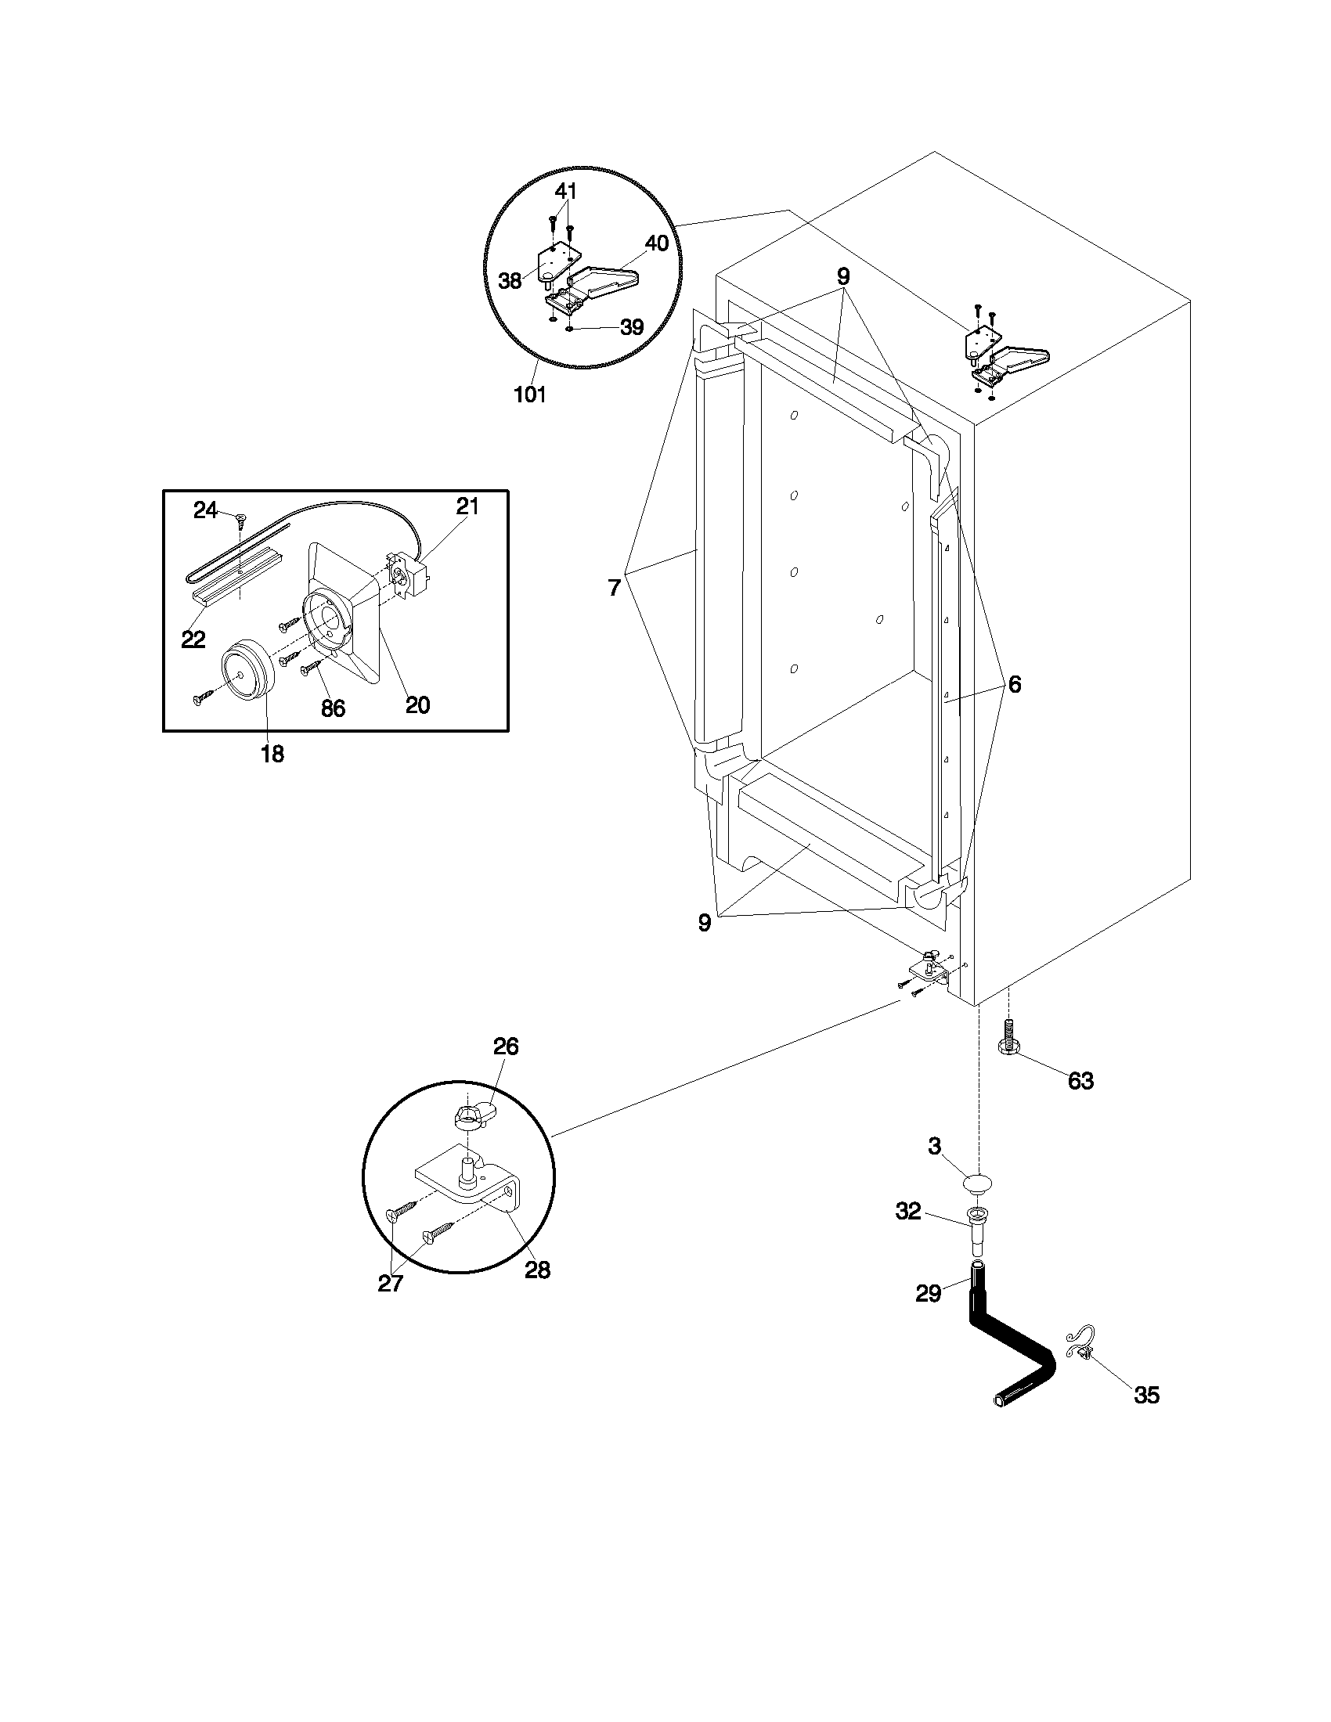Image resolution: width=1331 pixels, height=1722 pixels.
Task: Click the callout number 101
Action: [x=530, y=394]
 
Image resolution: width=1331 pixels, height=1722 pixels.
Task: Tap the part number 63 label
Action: [x=1080, y=1080]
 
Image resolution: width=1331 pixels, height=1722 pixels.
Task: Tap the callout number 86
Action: [x=333, y=708]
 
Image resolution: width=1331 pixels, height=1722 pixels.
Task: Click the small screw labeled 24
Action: [x=240, y=517]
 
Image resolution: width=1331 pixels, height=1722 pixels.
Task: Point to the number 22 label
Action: [x=193, y=639]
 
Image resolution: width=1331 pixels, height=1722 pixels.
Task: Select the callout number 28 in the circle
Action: [x=537, y=1270]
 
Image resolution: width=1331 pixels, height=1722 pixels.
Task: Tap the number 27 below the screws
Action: [x=391, y=1284]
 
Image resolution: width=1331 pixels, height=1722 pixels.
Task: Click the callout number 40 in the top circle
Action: [x=656, y=243]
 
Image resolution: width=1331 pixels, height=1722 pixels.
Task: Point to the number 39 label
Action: [x=631, y=327]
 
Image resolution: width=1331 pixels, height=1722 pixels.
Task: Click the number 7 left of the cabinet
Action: [x=615, y=586]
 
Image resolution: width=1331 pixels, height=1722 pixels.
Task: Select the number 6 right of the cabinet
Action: [x=1014, y=684]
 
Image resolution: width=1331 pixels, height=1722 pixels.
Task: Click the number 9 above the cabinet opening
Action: [x=843, y=276]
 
